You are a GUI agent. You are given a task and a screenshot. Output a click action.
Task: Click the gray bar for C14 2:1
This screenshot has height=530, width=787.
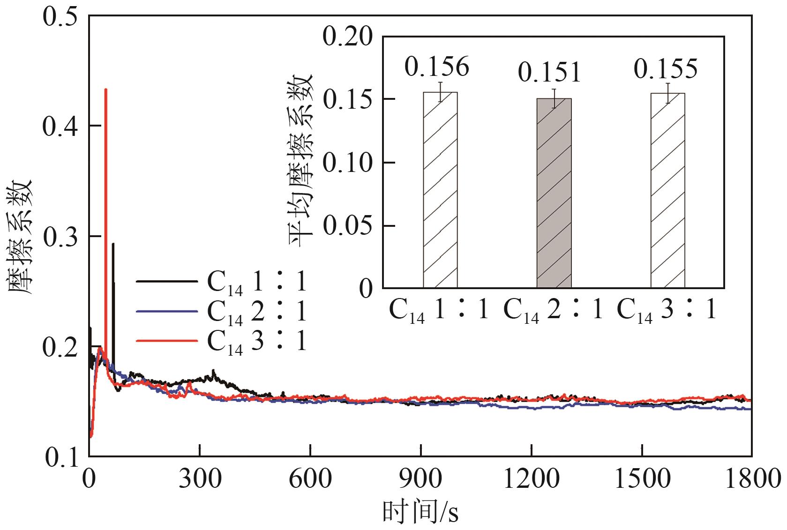click(554, 193)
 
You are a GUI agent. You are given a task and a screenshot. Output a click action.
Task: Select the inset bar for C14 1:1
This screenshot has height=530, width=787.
click(440, 190)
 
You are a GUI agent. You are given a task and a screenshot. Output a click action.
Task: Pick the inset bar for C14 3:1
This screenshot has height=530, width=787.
click(667, 190)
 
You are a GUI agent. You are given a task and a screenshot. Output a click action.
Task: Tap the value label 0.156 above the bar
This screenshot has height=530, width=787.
click(436, 67)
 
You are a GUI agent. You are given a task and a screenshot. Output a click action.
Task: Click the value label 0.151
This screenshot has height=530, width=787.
click(549, 73)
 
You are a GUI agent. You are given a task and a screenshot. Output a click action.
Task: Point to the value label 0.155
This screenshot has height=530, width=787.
click(666, 68)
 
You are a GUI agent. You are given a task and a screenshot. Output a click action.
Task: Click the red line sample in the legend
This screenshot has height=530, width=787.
click(166, 341)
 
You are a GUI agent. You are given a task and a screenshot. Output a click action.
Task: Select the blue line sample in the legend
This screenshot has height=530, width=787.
click(166, 311)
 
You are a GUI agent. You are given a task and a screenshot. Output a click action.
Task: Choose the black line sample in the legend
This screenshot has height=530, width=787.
click(166, 281)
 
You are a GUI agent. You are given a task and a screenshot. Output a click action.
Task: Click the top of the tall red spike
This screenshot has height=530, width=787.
click(106, 90)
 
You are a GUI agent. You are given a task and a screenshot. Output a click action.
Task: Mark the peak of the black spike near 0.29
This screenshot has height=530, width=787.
click(113, 244)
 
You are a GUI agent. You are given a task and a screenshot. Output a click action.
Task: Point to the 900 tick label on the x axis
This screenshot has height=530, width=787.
click(421, 479)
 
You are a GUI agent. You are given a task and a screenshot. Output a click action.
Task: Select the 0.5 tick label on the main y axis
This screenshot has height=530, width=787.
click(61, 16)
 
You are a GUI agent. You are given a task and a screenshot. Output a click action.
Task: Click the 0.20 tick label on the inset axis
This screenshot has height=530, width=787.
click(347, 37)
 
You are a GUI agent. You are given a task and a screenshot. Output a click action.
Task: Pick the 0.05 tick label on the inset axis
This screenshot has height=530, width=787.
click(347, 226)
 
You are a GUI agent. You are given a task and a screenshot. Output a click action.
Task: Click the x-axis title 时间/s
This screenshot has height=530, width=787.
click(420, 512)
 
